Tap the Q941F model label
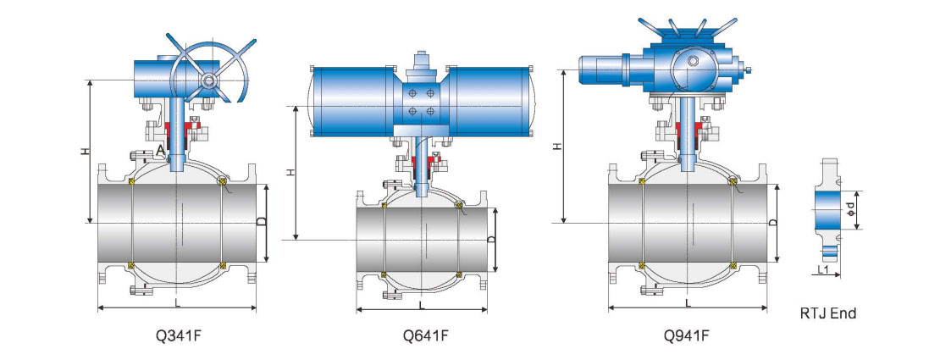click(x=688, y=335)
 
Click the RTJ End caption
click(x=827, y=313)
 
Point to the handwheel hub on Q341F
click(x=207, y=80)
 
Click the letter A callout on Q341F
click(x=160, y=149)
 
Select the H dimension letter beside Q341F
click(x=84, y=151)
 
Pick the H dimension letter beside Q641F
click(x=290, y=173)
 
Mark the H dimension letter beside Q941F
click(x=556, y=146)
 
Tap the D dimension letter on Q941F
click(x=772, y=222)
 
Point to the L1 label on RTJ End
click(x=823, y=269)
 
